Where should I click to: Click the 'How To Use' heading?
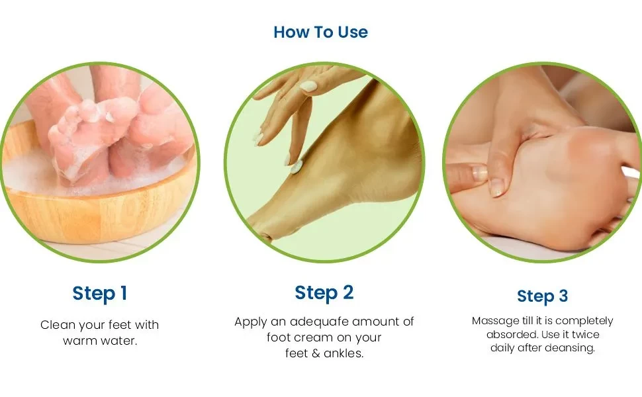point(320,32)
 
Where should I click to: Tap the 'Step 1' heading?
point(99,293)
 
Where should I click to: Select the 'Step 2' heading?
point(324,292)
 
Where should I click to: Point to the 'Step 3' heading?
point(542,296)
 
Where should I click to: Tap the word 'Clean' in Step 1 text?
point(57,325)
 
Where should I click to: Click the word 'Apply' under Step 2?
point(251,322)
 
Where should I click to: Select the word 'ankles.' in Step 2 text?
point(344,354)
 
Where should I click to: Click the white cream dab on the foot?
point(297,167)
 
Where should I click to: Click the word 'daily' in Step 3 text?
point(503,348)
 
